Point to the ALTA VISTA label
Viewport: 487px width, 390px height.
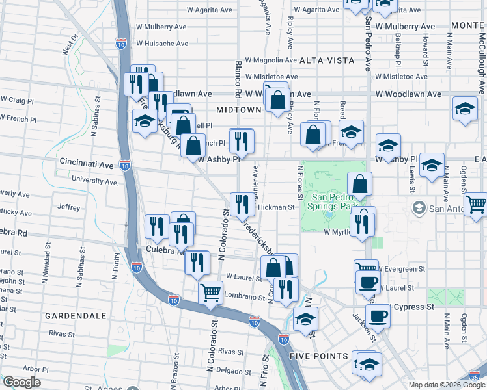(327, 60)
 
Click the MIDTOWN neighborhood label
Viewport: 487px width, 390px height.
(238, 110)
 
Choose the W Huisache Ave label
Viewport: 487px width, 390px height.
(162, 44)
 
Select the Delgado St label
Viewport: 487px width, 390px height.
(230, 370)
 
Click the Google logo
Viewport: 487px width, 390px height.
(21, 382)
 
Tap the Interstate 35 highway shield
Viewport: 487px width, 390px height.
(478, 376)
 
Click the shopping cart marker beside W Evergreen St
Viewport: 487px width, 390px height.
(367, 269)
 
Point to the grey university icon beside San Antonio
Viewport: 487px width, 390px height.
(419, 208)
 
